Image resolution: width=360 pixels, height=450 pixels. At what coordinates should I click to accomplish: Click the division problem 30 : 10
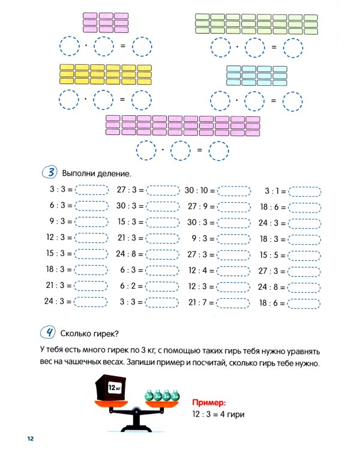click(199, 190)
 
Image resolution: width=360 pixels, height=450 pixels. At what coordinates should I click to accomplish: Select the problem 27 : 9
click(199, 206)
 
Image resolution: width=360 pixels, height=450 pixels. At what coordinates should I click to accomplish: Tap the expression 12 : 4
click(199, 271)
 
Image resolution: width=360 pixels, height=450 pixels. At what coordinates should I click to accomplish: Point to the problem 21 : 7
click(199, 303)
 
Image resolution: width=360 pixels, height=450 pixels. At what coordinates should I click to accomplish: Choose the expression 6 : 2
click(128, 287)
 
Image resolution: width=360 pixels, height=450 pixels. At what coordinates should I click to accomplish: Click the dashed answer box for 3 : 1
click(305, 191)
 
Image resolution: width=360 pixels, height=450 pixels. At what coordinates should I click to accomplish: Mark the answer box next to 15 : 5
click(305, 255)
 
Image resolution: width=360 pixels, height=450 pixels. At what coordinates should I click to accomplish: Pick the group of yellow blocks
click(106, 74)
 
